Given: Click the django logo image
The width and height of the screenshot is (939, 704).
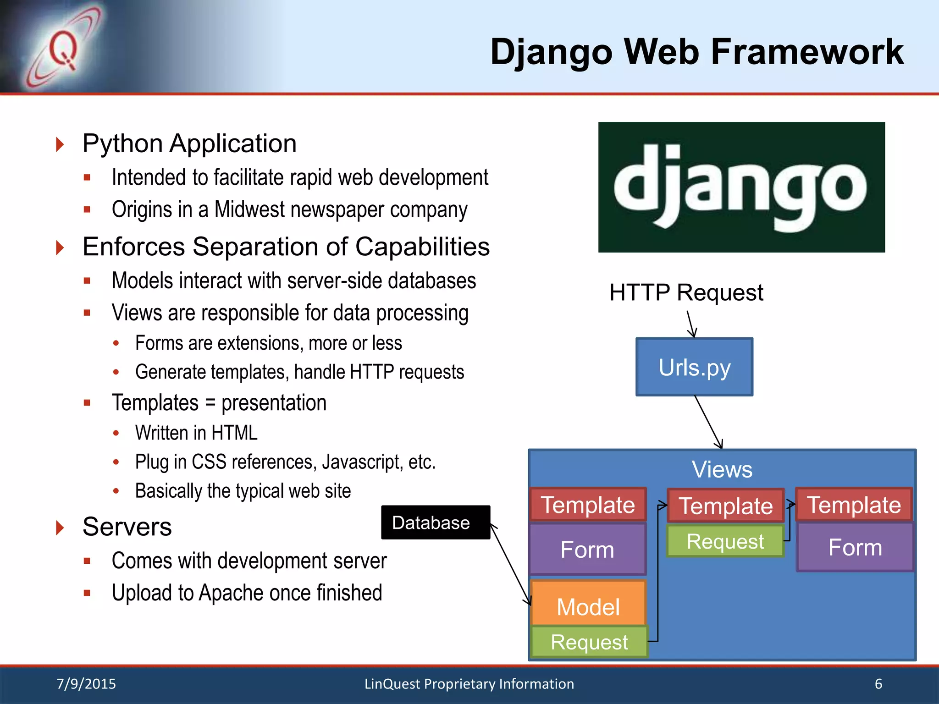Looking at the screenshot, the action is click(741, 187).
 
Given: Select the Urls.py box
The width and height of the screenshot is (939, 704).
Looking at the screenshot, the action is click(694, 367).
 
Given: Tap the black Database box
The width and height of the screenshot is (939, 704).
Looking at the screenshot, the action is click(435, 522).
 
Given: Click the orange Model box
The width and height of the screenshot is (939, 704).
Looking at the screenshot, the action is click(588, 604).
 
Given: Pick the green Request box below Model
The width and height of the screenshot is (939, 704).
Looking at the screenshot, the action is click(589, 642).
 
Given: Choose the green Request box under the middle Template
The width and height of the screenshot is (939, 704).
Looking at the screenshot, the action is click(725, 542).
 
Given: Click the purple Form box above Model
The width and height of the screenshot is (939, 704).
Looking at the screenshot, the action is click(587, 549).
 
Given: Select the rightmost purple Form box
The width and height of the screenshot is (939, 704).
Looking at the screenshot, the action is click(855, 547).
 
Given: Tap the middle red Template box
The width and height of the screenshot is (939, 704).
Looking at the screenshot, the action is click(725, 506).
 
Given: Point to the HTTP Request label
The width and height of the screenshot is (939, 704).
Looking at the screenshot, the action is click(686, 292).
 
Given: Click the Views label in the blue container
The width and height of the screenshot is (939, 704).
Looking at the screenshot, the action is click(722, 469).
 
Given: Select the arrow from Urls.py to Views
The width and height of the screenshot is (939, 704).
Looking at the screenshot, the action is click(708, 422).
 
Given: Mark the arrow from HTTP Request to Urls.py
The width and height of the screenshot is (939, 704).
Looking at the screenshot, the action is click(691, 324).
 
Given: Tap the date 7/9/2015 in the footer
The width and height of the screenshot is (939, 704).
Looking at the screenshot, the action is click(86, 684).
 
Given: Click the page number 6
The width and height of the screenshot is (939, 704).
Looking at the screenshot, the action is click(878, 684).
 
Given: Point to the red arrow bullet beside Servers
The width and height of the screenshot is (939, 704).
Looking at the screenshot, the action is click(60, 527).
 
